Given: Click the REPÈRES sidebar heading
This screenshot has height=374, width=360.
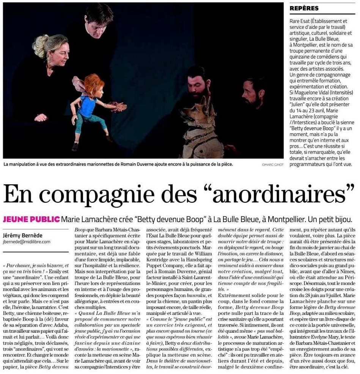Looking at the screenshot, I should (x=304, y=8).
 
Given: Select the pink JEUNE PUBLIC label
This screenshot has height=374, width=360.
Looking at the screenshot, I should (x=31, y=219).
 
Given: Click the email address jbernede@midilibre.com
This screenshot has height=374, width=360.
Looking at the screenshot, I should (x=26, y=242).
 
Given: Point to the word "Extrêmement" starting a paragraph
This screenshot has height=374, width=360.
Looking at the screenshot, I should (x=235, y=294).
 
